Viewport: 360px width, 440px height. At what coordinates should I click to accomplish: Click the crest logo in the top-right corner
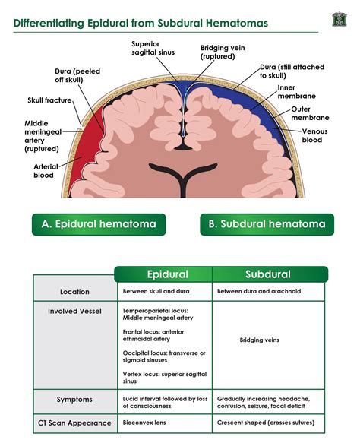(x=339, y=19)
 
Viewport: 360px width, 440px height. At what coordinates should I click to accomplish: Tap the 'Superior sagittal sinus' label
(x=153, y=49)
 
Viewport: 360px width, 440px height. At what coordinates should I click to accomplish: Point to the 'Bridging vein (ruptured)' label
(x=223, y=52)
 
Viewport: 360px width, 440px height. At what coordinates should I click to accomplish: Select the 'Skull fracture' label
(x=49, y=100)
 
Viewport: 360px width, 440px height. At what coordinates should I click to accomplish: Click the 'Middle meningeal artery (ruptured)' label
(x=43, y=136)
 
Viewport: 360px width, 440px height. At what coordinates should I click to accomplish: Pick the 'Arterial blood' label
(x=46, y=171)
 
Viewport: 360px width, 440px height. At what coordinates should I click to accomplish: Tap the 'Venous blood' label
(x=314, y=135)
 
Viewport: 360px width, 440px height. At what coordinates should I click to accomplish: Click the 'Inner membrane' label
(x=297, y=92)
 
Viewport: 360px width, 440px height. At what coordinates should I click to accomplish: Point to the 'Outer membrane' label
(x=310, y=113)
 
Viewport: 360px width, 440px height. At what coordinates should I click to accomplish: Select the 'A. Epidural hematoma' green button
(x=99, y=224)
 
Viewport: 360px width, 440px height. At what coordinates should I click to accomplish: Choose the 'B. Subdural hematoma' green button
(x=267, y=224)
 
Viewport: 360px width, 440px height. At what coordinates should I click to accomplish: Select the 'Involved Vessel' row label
(x=74, y=312)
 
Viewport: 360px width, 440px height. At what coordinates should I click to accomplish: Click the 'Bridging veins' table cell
(x=259, y=340)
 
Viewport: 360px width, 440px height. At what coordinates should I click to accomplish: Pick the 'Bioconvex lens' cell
(x=144, y=423)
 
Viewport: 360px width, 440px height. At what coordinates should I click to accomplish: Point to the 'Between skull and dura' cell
(x=156, y=291)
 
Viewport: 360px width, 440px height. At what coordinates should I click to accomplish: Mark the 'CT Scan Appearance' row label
(x=74, y=423)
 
